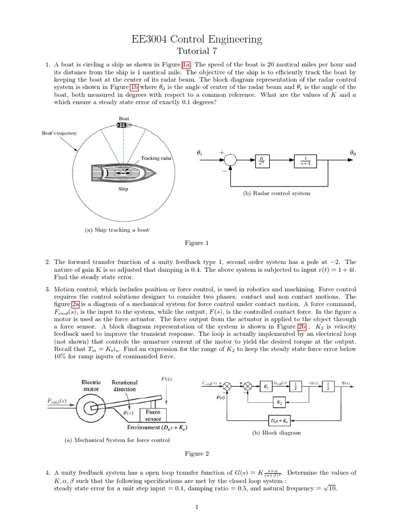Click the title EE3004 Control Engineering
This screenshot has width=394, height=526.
[x=196, y=39]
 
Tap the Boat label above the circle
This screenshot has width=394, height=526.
[x=124, y=119]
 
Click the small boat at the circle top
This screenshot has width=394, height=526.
[x=124, y=125]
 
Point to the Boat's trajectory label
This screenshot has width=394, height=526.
[x=60, y=133]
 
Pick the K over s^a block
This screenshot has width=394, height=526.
[x=262, y=160]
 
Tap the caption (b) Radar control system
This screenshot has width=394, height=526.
[x=276, y=193]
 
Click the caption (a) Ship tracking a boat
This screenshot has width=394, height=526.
[x=117, y=230]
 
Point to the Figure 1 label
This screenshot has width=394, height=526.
[x=196, y=242]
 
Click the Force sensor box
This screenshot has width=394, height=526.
[x=153, y=415]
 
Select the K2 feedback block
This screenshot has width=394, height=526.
[x=279, y=402]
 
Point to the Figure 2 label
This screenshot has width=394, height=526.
[x=196, y=454]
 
